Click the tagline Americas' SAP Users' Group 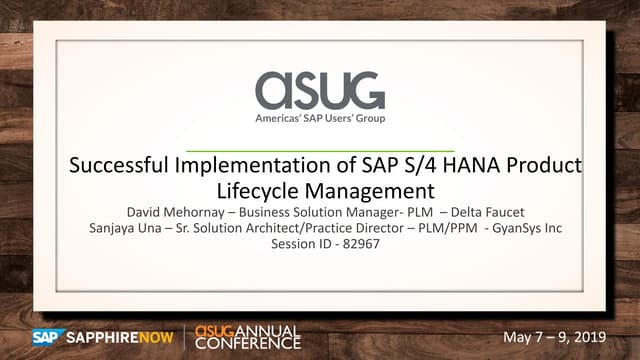319,119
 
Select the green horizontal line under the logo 319,149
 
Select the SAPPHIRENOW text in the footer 121,336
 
